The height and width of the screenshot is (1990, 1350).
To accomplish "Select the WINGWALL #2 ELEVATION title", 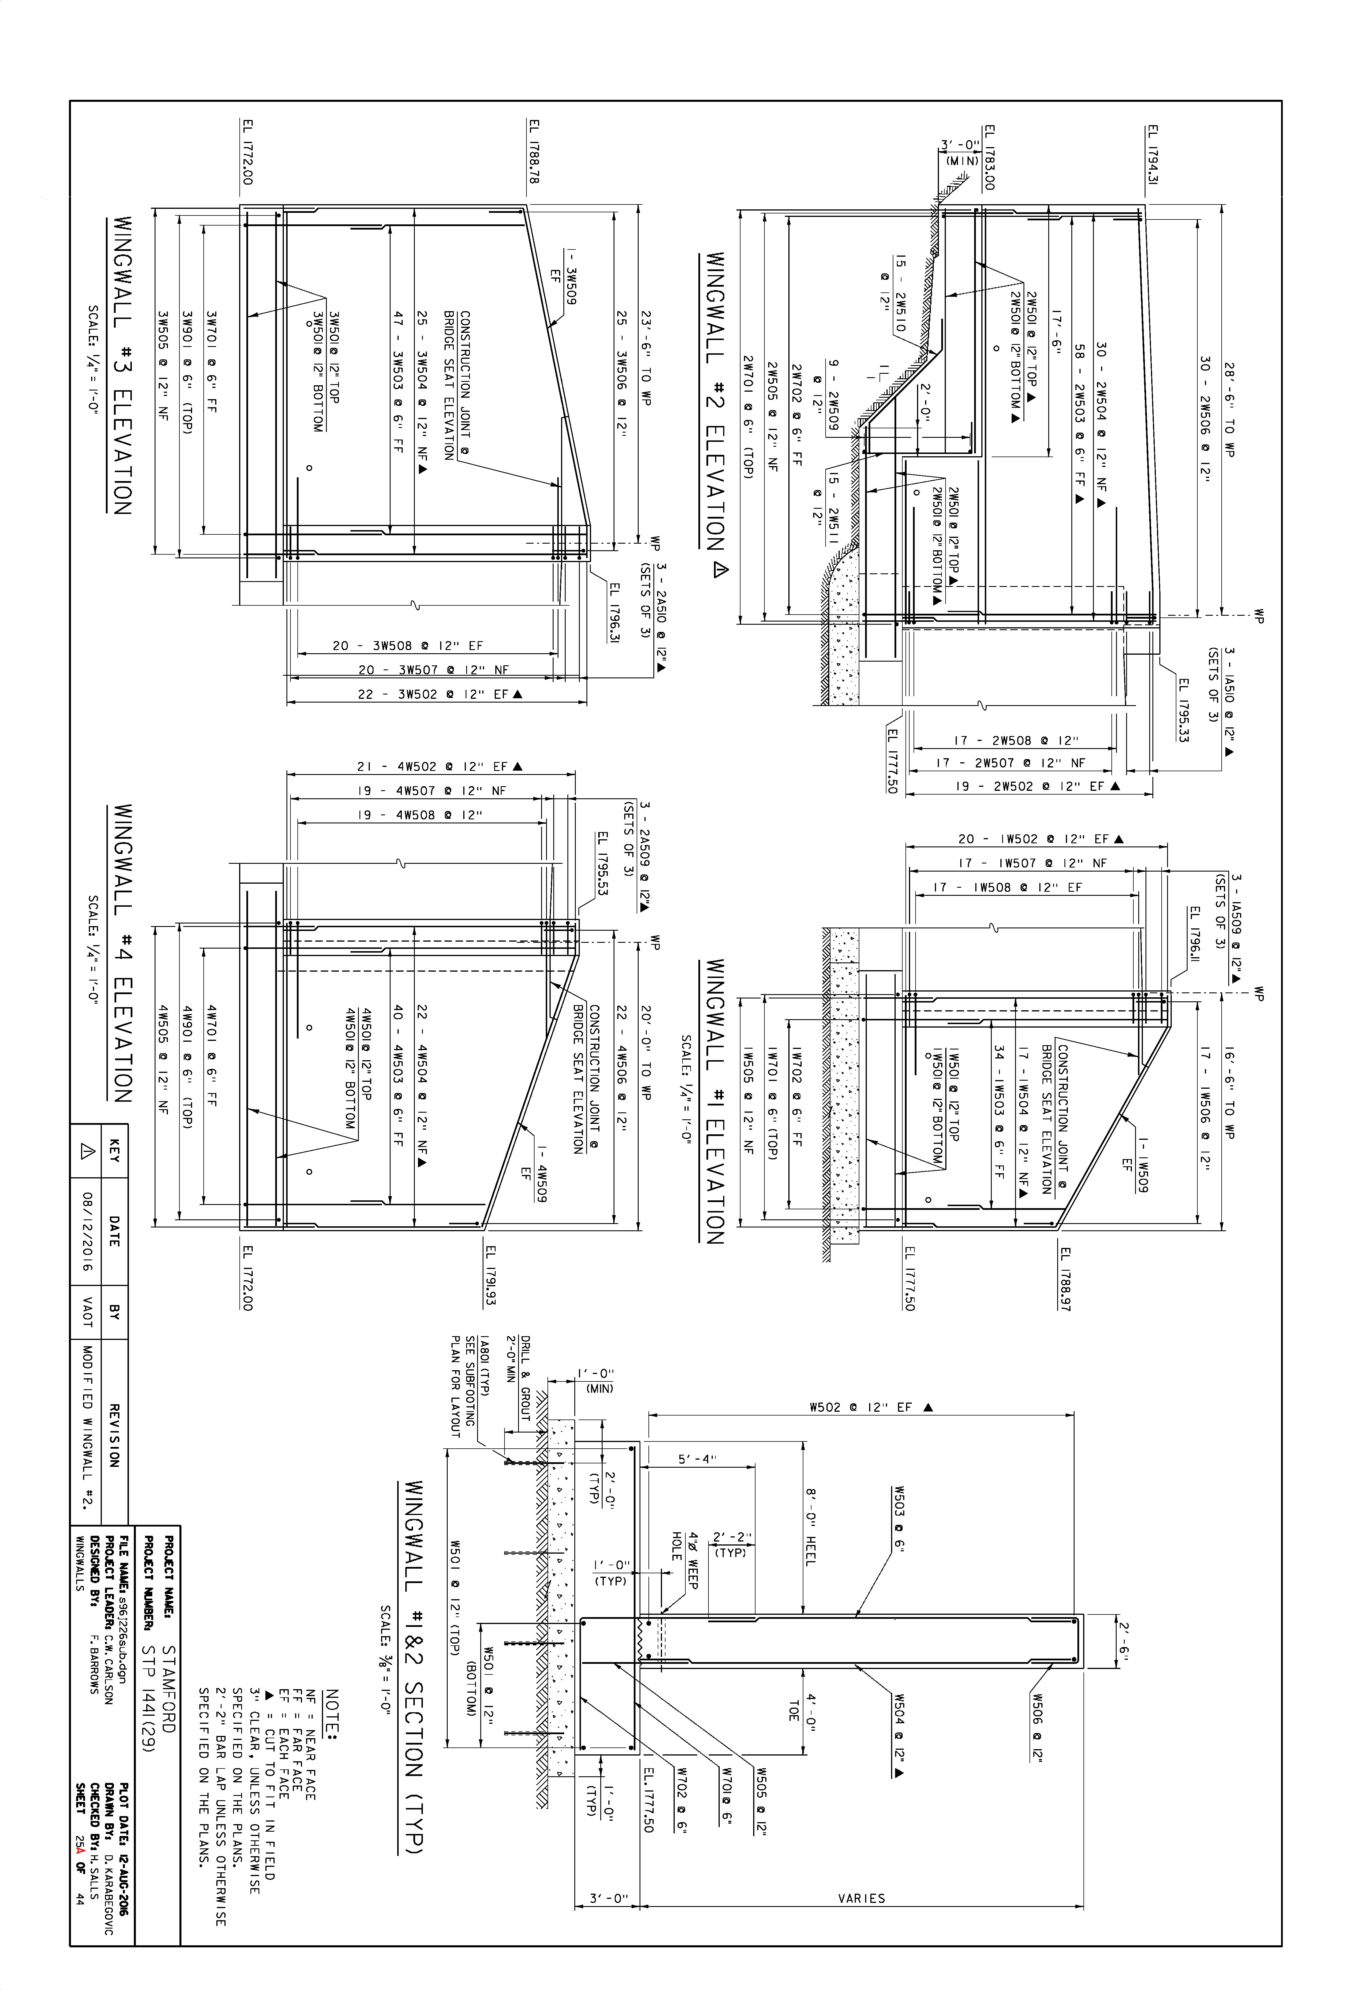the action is pyautogui.click(x=714, y=402).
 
